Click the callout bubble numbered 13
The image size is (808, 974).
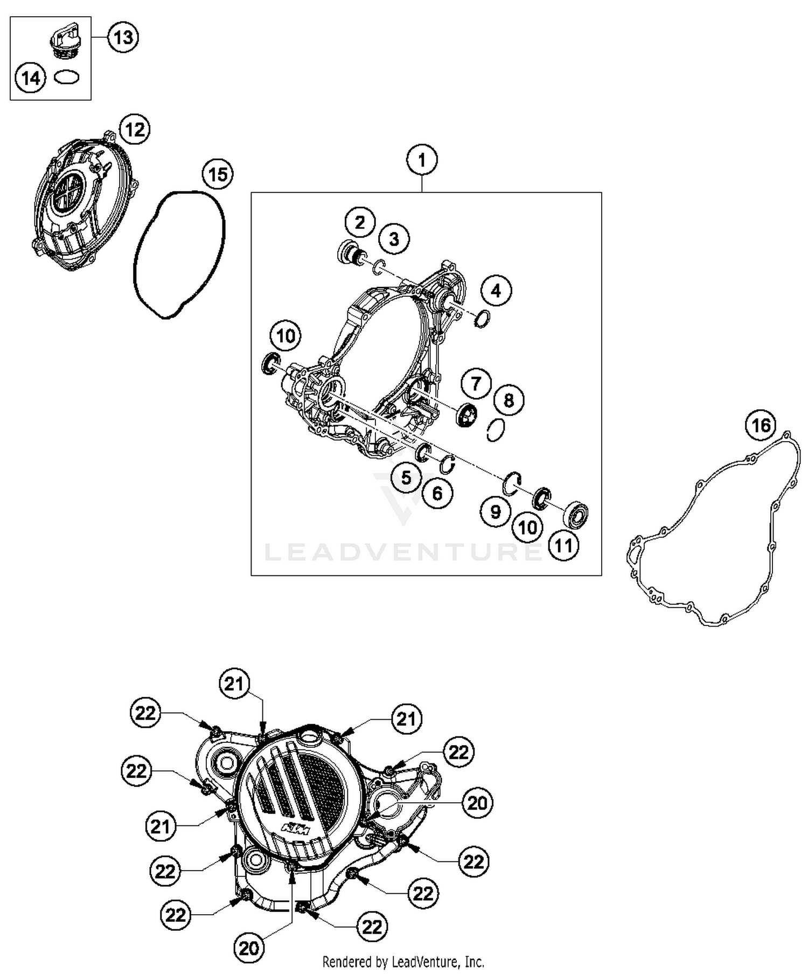pos(123,37)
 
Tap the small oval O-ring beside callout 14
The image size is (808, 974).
pos(67,78)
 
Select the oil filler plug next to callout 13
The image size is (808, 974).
pos(61,38)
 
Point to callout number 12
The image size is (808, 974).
pos(135,130)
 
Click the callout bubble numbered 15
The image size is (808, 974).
pos(218,175)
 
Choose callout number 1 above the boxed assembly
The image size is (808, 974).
pos(422,161)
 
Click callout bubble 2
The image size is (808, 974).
pos(360,222)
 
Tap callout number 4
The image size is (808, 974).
pos(496,291)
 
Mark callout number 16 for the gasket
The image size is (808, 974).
pos(761,426)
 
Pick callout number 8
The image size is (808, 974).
pos(509,400)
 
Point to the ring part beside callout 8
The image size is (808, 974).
pos(495,430)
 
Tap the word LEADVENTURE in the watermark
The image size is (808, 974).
pos(403,552)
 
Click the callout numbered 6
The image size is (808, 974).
pos(437,493)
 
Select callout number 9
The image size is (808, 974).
pos(496,511)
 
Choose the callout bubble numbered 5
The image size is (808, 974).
pos(406,477)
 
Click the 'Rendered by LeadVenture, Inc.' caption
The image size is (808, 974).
pos(403,962)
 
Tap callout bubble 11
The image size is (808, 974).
pos(563,546)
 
